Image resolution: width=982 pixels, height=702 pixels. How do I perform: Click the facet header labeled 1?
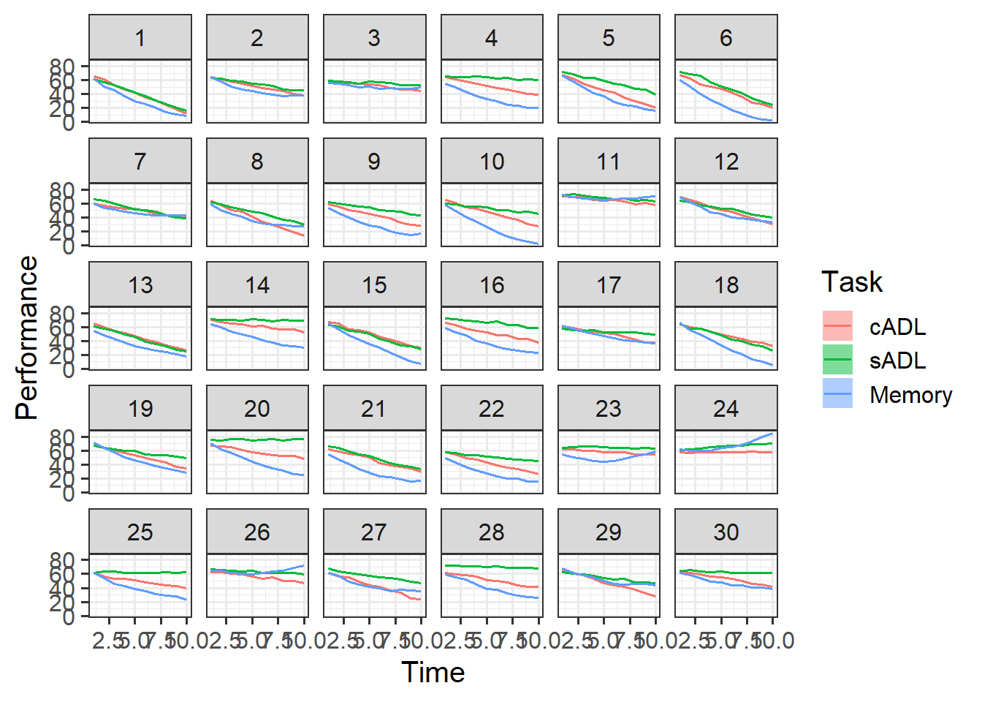pyautogui.click(x=140, y=38)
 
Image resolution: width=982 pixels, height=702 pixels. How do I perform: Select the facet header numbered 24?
pyautogui.click(x=726, y=409)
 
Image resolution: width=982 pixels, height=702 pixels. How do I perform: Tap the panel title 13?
pyautogui.click(x=140, y=285)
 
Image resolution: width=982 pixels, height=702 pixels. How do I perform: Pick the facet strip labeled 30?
pyautogui.click(x=726, y=532)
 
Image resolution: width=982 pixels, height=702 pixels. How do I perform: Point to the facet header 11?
pyautogui.click(x=609, y=162)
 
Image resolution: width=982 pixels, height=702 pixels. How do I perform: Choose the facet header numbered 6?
pyautogui.click(x=726, y=38)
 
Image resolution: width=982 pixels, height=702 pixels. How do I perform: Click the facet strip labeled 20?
pyautogui.click(x=257, y=409)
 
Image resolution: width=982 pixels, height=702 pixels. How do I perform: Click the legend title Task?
pyautogui.click(x=851, y=282)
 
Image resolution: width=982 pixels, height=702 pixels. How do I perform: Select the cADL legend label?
pyautogui.click(x=897, y=327)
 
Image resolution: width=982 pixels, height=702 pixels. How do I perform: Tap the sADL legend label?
pyautogui.click(x=897, y=361)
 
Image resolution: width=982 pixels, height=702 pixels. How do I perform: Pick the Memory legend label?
pyautogui.click(x=910, y=395)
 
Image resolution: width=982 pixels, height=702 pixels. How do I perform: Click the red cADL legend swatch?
pyautogui.click(x=837, y=326)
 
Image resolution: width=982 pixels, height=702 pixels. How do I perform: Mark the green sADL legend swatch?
pyautogui.click(x=837, y=360)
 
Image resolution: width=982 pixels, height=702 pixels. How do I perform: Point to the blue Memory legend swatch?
pyautogui.click(x=837, y=394)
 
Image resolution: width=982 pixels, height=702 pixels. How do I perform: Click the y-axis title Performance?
pyautogui.click(x=26, y=338)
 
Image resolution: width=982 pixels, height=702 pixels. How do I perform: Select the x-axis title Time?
pyautogui.click(x=433, y=673)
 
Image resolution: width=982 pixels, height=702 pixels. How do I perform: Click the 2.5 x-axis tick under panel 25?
pyautogui.click(x=107, y=641)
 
